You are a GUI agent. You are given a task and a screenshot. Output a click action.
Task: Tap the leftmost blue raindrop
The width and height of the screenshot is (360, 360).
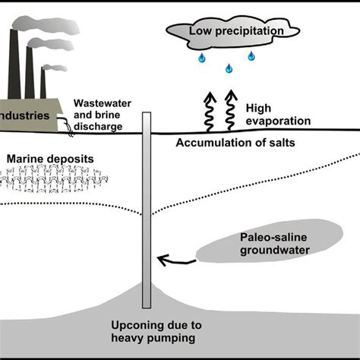click(x=201, y=58)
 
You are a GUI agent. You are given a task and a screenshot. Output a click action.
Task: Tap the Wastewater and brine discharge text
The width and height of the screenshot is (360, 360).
click(x=107, y=114)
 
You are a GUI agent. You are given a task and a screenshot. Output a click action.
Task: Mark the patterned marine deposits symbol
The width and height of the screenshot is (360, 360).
click(x=46, y=181)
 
